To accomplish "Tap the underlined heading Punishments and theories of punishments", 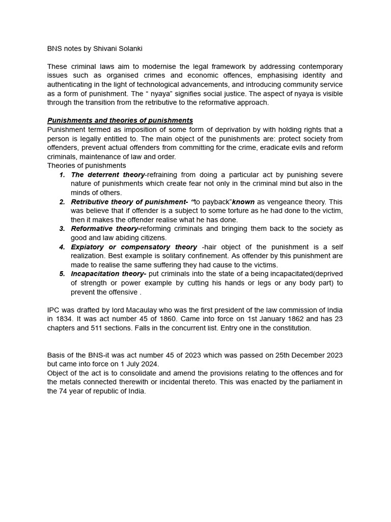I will coord(120,120).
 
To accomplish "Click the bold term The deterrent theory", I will coord(108,175).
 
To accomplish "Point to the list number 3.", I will coord(62,229).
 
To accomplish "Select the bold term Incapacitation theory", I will coord(108,274).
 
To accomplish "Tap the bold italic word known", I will coord(243,202).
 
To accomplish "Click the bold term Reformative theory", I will coord(105,229).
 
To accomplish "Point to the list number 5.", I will coord(62,274).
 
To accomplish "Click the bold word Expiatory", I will coord(88,247).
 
